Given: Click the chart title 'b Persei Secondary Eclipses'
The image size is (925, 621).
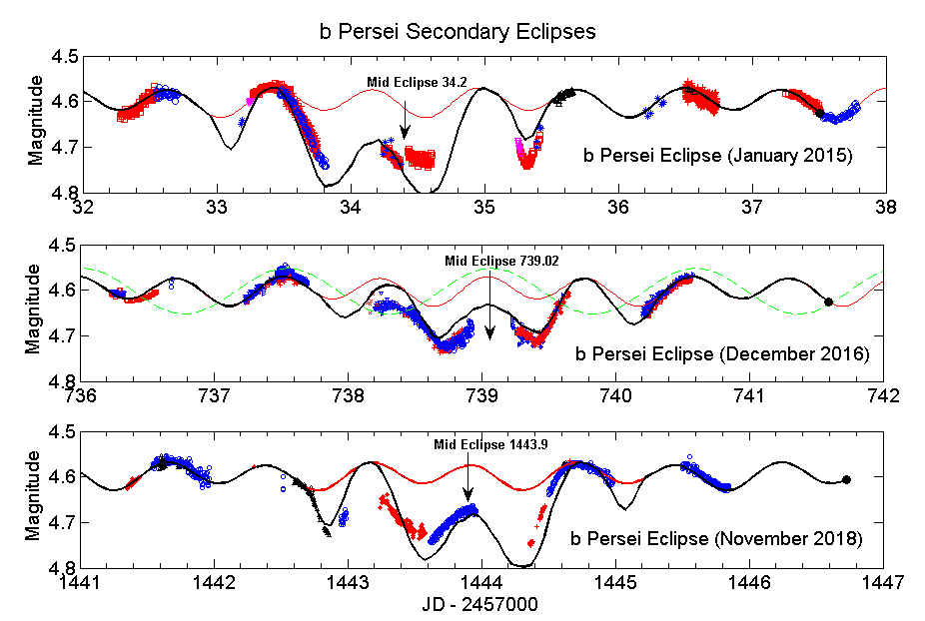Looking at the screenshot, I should pyautogui.click(x=458, y=32).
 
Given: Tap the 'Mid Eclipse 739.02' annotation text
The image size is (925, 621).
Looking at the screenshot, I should pyautogui.click(x=489, y=261).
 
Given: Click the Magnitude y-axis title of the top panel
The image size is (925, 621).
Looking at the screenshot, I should pyautogui.click(x=35, y=125).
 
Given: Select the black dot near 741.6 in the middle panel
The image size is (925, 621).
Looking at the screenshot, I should pyautogui.click(x=828, y=302).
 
